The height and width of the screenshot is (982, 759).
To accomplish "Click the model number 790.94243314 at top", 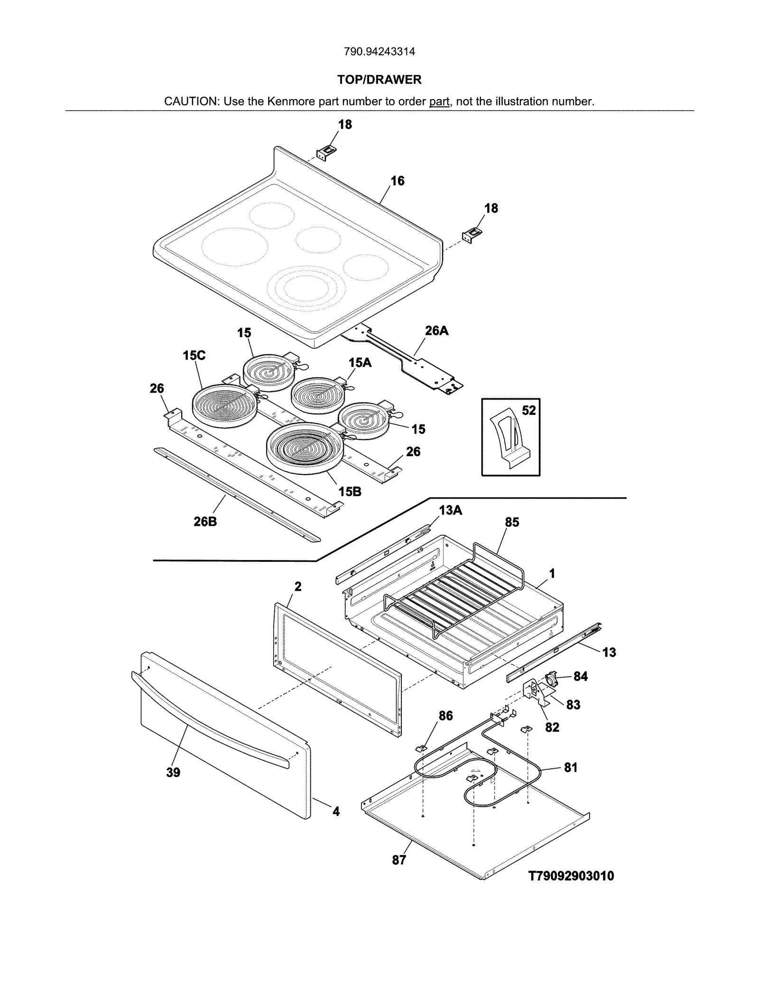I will tap(379, 52).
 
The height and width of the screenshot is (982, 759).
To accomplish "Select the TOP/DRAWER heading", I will tap(379, 80).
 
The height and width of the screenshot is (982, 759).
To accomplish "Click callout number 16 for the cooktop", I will tap(398, 181).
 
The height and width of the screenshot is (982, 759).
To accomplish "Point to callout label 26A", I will tap(436, 330).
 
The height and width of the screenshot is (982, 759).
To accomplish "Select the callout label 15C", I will tap(194, 355).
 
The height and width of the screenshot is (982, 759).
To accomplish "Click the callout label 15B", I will tap(350, 492).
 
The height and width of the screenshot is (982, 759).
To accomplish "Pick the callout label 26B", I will tap(205, 522).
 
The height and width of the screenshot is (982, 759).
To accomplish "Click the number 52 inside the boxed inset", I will tap(528, 410).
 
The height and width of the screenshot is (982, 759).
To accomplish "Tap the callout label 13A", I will tap(450, 510).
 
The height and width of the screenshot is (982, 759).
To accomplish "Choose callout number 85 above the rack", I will tap(512, 522).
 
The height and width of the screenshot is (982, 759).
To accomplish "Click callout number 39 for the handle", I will tap(173, 772).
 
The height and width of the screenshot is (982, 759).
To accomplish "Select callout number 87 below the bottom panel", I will tap(399, 860).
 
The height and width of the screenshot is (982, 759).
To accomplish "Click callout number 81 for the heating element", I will tap(571, 767).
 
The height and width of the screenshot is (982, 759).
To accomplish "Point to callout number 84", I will tap(580, 676).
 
